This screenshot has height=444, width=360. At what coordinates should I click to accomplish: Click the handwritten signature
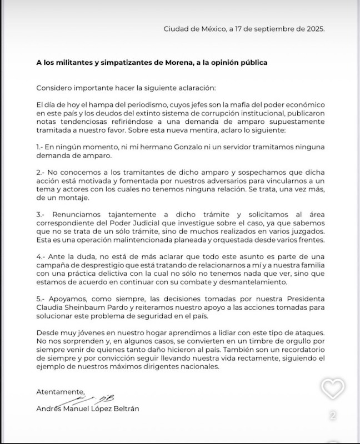[94, 400]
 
